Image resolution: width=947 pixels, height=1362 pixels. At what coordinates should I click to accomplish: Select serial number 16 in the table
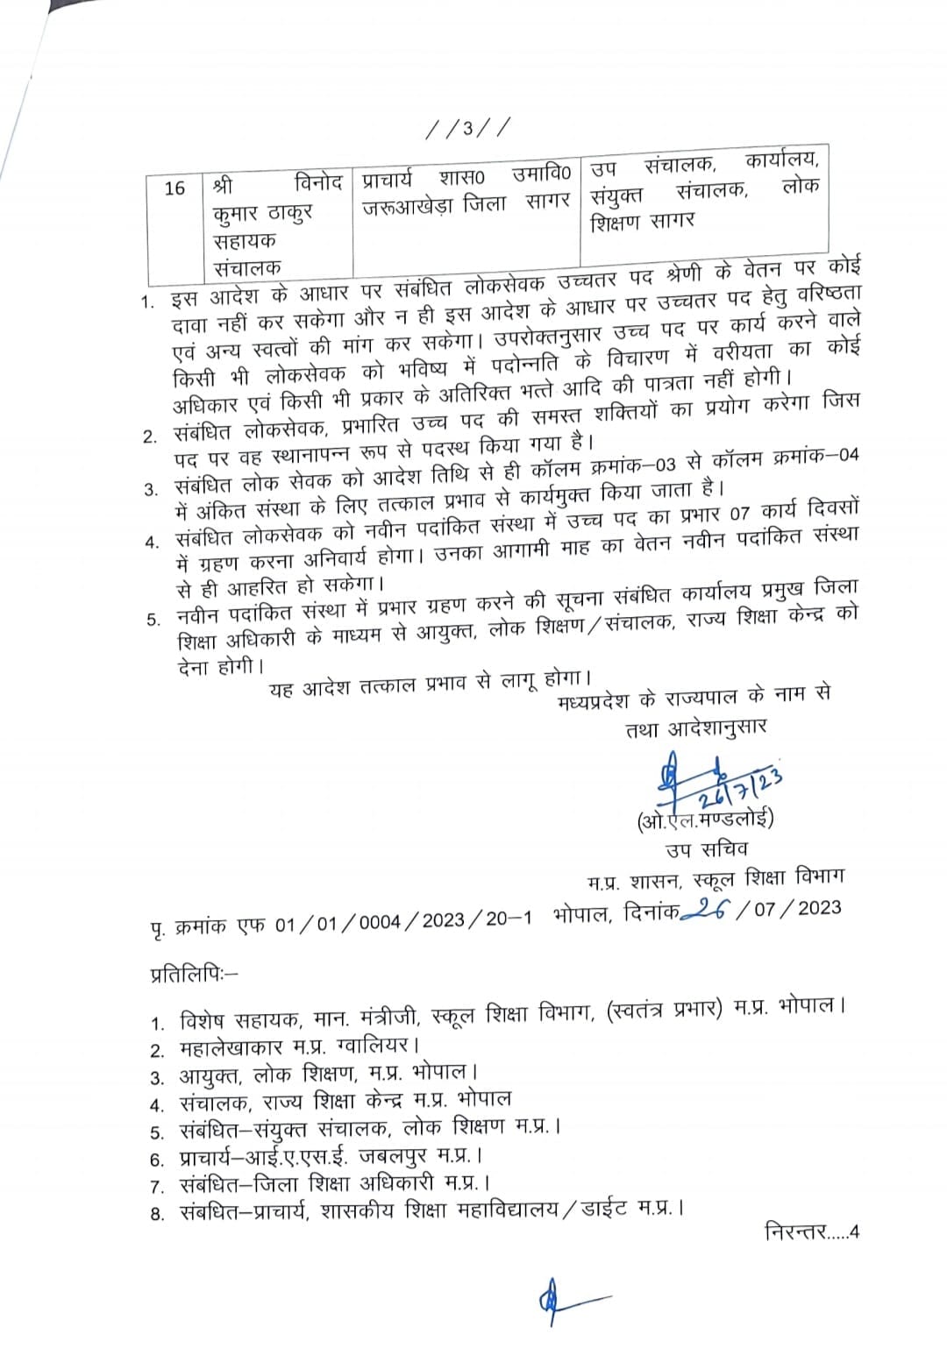pos(174,188)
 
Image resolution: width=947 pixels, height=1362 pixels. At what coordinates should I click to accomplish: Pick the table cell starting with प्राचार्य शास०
pos(466,189)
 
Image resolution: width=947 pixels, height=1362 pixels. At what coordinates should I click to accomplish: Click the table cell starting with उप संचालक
pos(705,189)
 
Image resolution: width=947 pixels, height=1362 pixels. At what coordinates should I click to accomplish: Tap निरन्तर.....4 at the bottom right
pos(812,1231)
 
